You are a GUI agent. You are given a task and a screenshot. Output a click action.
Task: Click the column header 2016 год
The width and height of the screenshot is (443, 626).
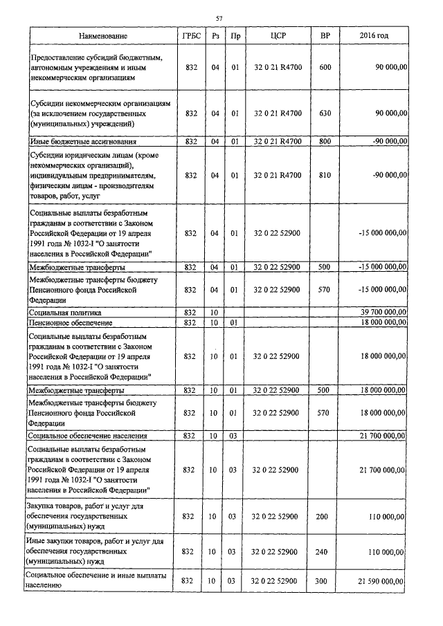coord(374,35)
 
